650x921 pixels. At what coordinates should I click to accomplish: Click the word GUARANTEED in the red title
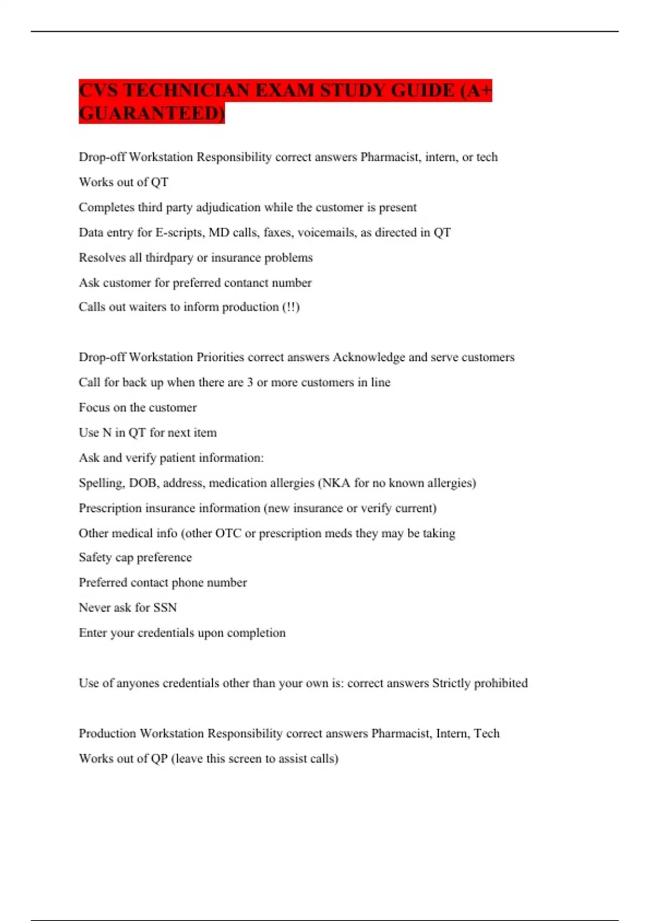coord(151,113)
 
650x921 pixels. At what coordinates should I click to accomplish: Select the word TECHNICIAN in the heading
coord(187,90)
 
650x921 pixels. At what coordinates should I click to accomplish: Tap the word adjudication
coord(228,207)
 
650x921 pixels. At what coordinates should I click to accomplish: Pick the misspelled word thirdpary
coord(169,258)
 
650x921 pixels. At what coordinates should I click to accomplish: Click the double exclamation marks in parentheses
coord(291,307)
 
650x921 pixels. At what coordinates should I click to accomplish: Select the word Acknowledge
coord(368,358)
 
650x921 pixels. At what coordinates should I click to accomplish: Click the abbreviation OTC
coord(228,533)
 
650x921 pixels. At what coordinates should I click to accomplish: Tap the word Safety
coord(95,557)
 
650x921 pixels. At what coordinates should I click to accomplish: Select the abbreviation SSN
coord(165,608)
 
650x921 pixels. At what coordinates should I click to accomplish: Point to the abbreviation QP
coord(159,758)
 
